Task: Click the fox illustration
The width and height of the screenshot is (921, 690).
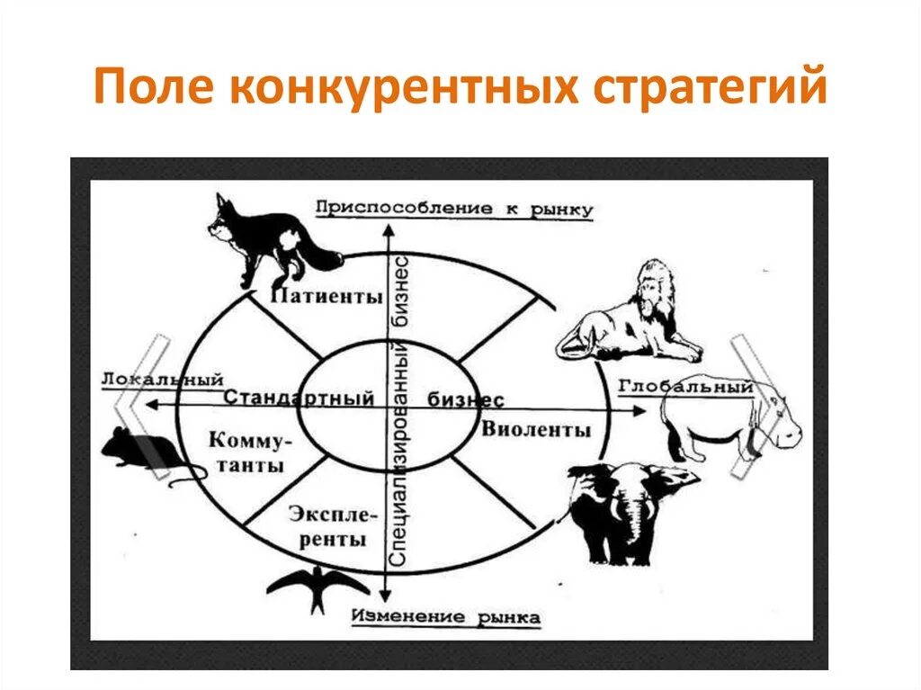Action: pyautogui.click(x=270, y=238)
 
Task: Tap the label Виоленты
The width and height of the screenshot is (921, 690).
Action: pyautogui.click(x=536, y=429)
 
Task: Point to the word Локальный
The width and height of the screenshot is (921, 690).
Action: pyautogui.click(x=162, y=380)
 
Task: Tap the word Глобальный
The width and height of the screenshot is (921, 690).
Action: pyautogui.click(x=685, y=387)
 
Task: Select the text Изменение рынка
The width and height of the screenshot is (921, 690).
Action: pyautogui.click(x=446, y=617)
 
